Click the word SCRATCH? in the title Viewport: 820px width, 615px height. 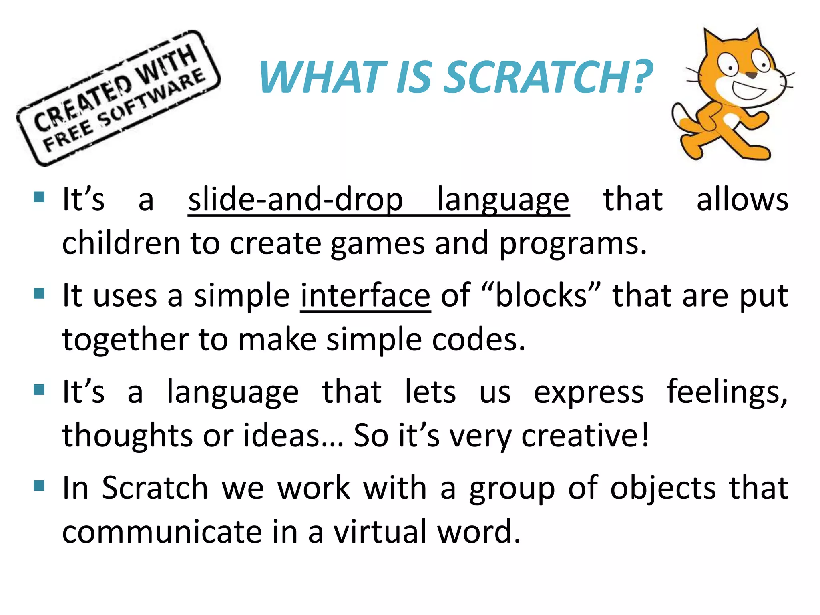tap(549, 77)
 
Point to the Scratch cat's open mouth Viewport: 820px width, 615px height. tap(748, 91)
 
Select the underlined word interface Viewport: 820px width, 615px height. tap(365, 296)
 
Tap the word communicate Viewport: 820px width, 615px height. tap(162, 532)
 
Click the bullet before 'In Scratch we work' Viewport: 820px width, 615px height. tap(39, 486)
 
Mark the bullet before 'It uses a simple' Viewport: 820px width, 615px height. tap(39, 293)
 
